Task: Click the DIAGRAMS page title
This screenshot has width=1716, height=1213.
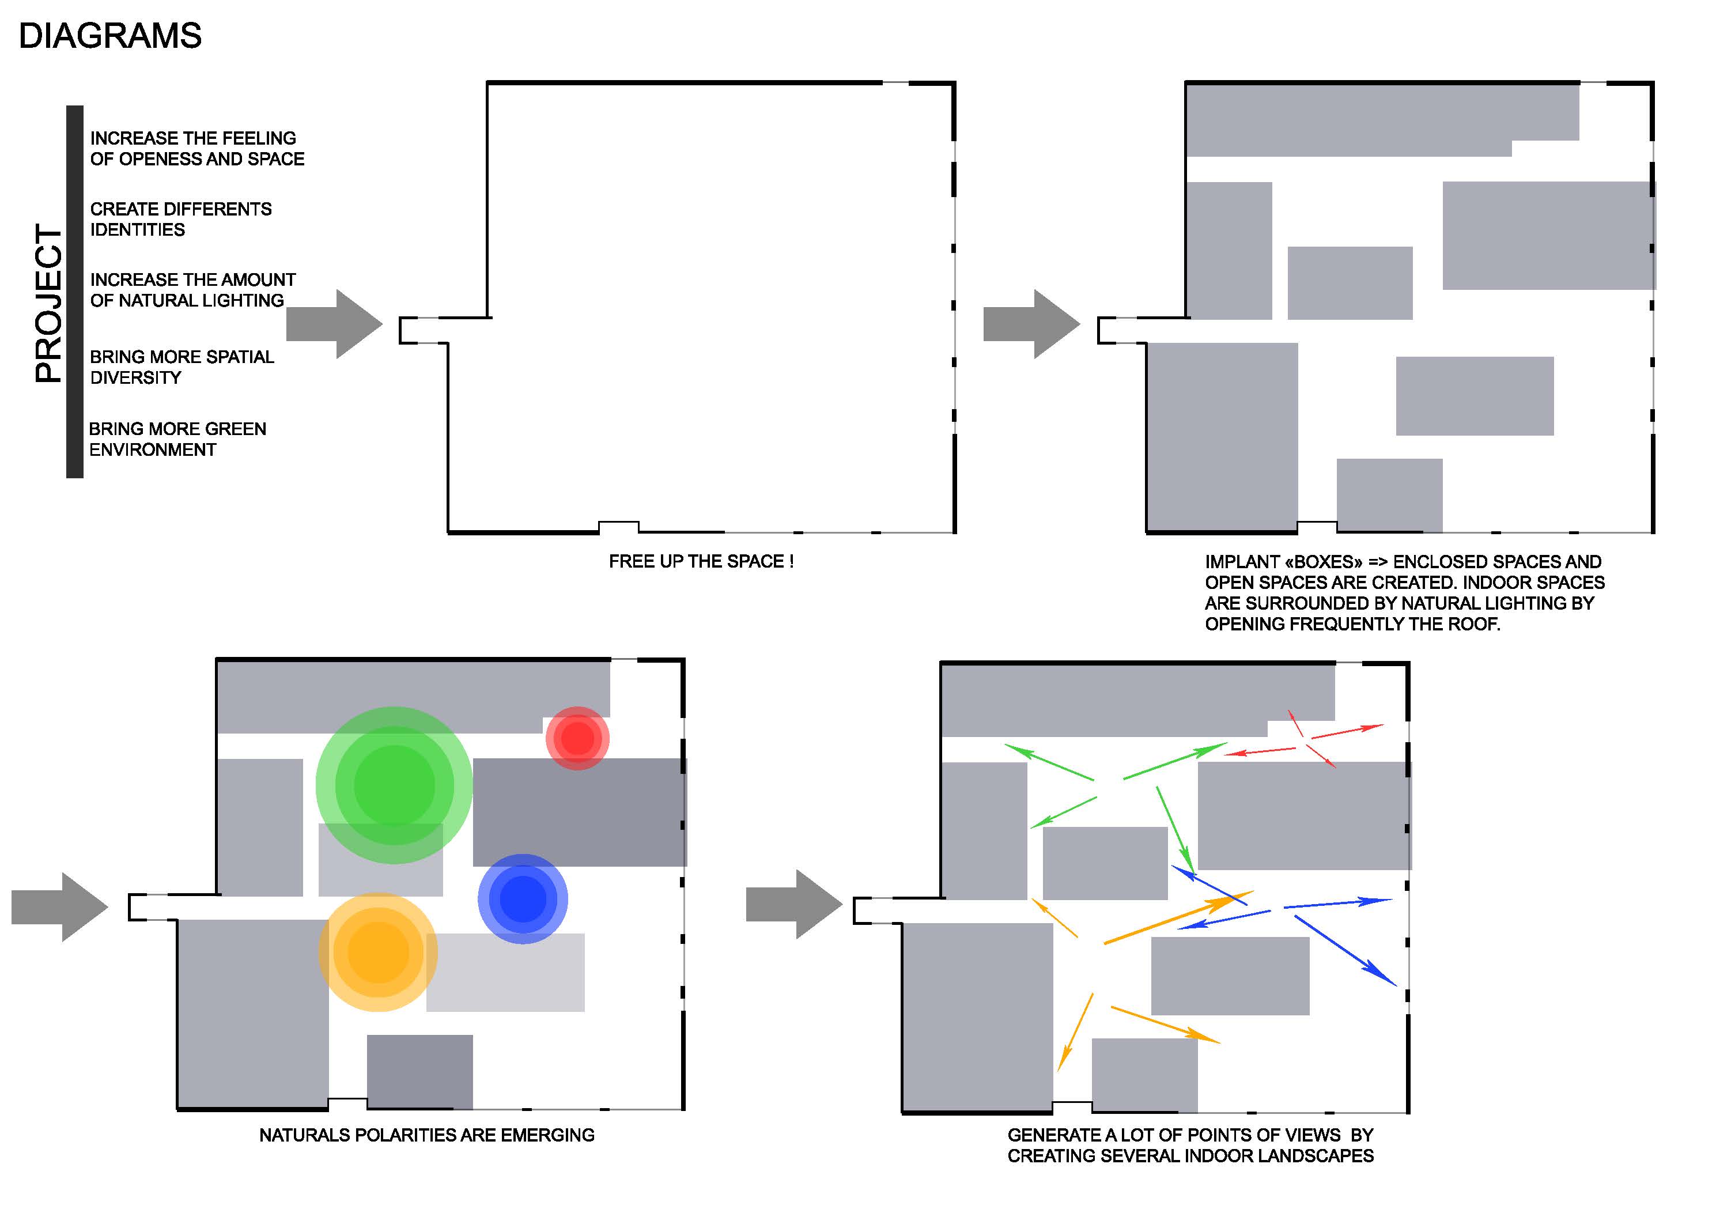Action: coord(110,36)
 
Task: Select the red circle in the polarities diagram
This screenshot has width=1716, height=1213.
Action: coord(577,738)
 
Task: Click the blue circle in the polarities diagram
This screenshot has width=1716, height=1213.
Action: coord(523,899)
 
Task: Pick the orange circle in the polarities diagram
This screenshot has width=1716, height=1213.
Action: coord(378,952)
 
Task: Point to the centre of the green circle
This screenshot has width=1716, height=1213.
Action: coord(394,785)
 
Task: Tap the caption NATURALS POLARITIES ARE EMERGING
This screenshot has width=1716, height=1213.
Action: coord(427,1135)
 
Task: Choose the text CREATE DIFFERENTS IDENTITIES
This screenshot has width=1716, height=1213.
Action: coord(181,219)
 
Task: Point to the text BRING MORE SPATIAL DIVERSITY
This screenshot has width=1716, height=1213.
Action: coord(182,367)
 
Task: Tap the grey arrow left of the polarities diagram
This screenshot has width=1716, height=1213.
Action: coord(60,906)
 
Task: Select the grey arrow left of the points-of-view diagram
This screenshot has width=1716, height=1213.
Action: coord(793,904)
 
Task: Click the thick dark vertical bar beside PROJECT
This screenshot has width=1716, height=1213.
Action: coord(75,292)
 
